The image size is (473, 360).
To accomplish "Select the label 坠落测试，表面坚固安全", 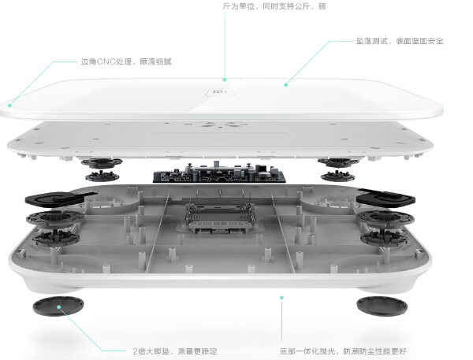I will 399,40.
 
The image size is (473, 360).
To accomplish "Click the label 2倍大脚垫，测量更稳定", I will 174,351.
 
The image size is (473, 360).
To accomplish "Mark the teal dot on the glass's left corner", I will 10,102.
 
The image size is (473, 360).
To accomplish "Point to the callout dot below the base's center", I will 281,297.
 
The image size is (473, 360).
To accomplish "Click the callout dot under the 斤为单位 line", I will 224,79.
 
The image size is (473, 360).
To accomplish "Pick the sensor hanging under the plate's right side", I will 338,163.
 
